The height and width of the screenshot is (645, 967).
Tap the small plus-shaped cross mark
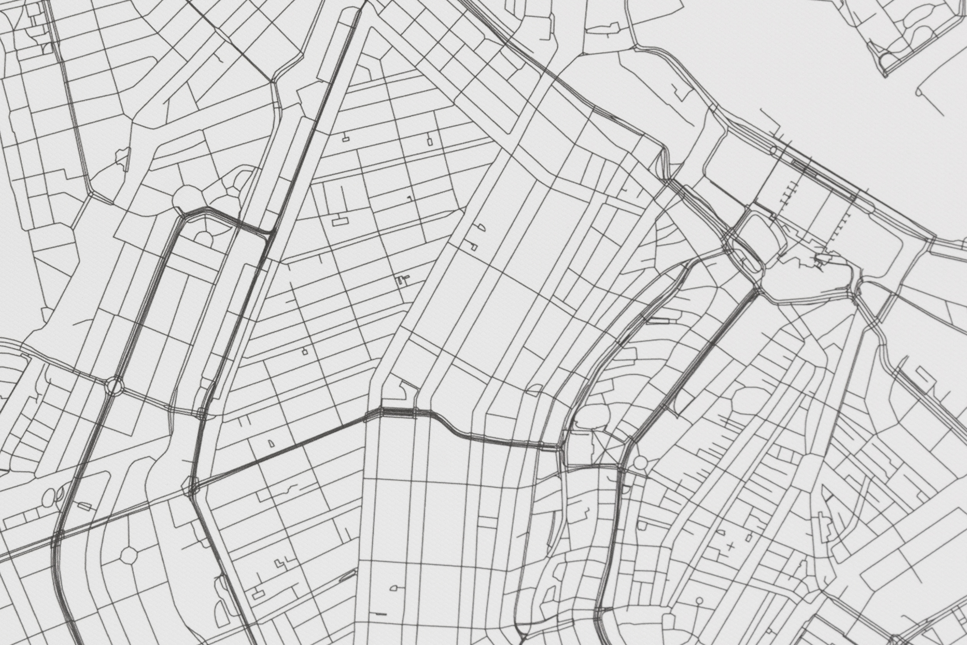pos(731,547)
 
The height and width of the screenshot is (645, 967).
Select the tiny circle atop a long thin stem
pos(699,601)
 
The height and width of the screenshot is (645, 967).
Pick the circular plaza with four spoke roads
pos(129,556)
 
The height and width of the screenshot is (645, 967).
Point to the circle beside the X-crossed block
pos(640,462)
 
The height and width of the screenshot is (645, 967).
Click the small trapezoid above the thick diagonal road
pos(270,443)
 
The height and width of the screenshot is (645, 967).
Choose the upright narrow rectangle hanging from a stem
pos(430,142)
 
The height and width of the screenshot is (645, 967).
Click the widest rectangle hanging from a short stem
pos(340,222)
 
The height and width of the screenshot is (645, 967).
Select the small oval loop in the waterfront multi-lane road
pos(773,150)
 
